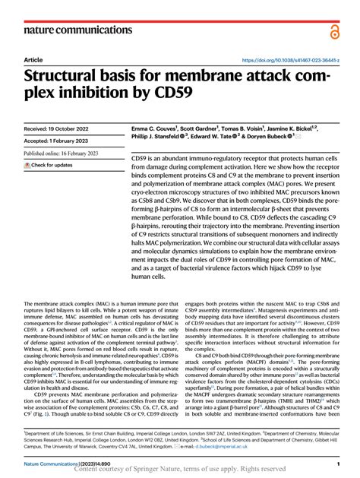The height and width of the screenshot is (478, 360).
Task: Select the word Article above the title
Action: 33,59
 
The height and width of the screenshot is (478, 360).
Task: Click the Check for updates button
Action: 49,164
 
